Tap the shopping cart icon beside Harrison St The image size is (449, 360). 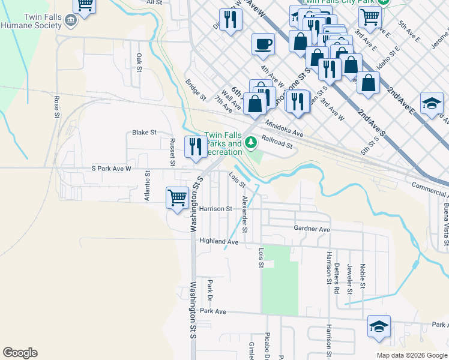[x=177, y=197]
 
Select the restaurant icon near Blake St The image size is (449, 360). [x=196, y=146]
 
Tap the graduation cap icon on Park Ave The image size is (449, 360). [x=379, y=326]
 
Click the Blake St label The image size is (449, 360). [x=144, y=132]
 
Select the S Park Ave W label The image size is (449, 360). [x=110, y=169]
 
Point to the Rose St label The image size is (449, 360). [x=57, y=106]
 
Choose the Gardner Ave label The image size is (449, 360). [x=312, y=229]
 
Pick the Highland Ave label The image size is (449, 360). [x=219, y=242]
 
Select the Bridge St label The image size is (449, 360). [x=196, y=90]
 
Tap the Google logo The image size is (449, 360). [x=20, y=353]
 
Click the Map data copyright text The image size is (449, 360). [x=411, y=355]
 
